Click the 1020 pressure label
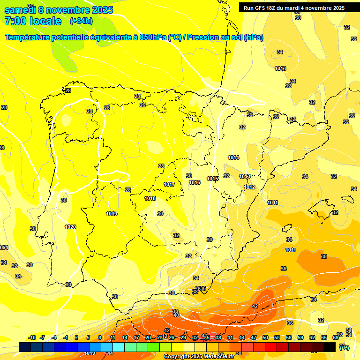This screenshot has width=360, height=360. tap(70, 227)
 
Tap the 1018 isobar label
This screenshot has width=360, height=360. tap(150, 198)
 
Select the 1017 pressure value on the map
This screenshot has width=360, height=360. tap(169, 184)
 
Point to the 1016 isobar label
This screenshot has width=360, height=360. tap(195, 182)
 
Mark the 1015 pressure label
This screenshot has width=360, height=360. tap(213, 179)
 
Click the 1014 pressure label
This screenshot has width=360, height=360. tap(233, 157)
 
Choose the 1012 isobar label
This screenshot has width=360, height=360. tap(249, 187)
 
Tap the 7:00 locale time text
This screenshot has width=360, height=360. tap(32, 21)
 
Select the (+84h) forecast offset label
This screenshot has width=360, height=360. tap(81, 21)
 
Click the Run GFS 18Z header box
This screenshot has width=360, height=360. tap(294, 8)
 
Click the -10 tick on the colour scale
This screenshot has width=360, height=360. tap(32, 337)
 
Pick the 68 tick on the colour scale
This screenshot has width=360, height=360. tap(336, 337)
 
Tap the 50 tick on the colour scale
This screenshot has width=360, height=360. tap(265, 337)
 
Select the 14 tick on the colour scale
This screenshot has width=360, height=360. tap(125, 337)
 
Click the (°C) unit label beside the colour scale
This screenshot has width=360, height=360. tap(344, 347)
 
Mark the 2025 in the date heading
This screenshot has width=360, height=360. tap(99, 10)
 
